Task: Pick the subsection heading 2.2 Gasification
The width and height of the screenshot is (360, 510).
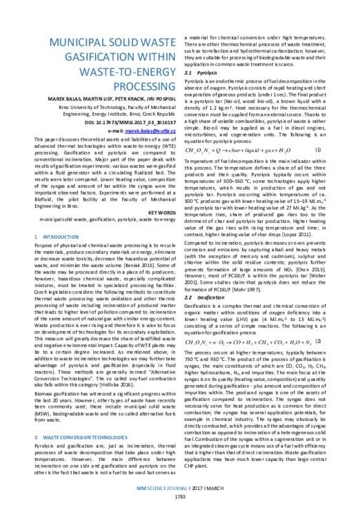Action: click(205, 277)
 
